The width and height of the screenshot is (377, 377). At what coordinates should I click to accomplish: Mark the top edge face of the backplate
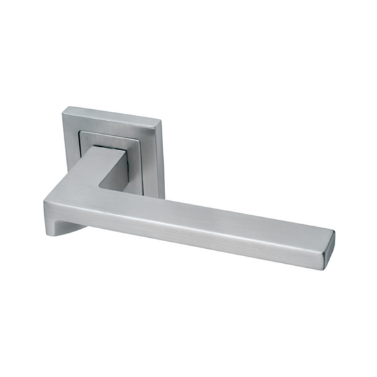click(x=110, y=114)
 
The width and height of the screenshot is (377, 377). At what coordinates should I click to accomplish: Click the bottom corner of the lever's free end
click(x=325, y=257)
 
